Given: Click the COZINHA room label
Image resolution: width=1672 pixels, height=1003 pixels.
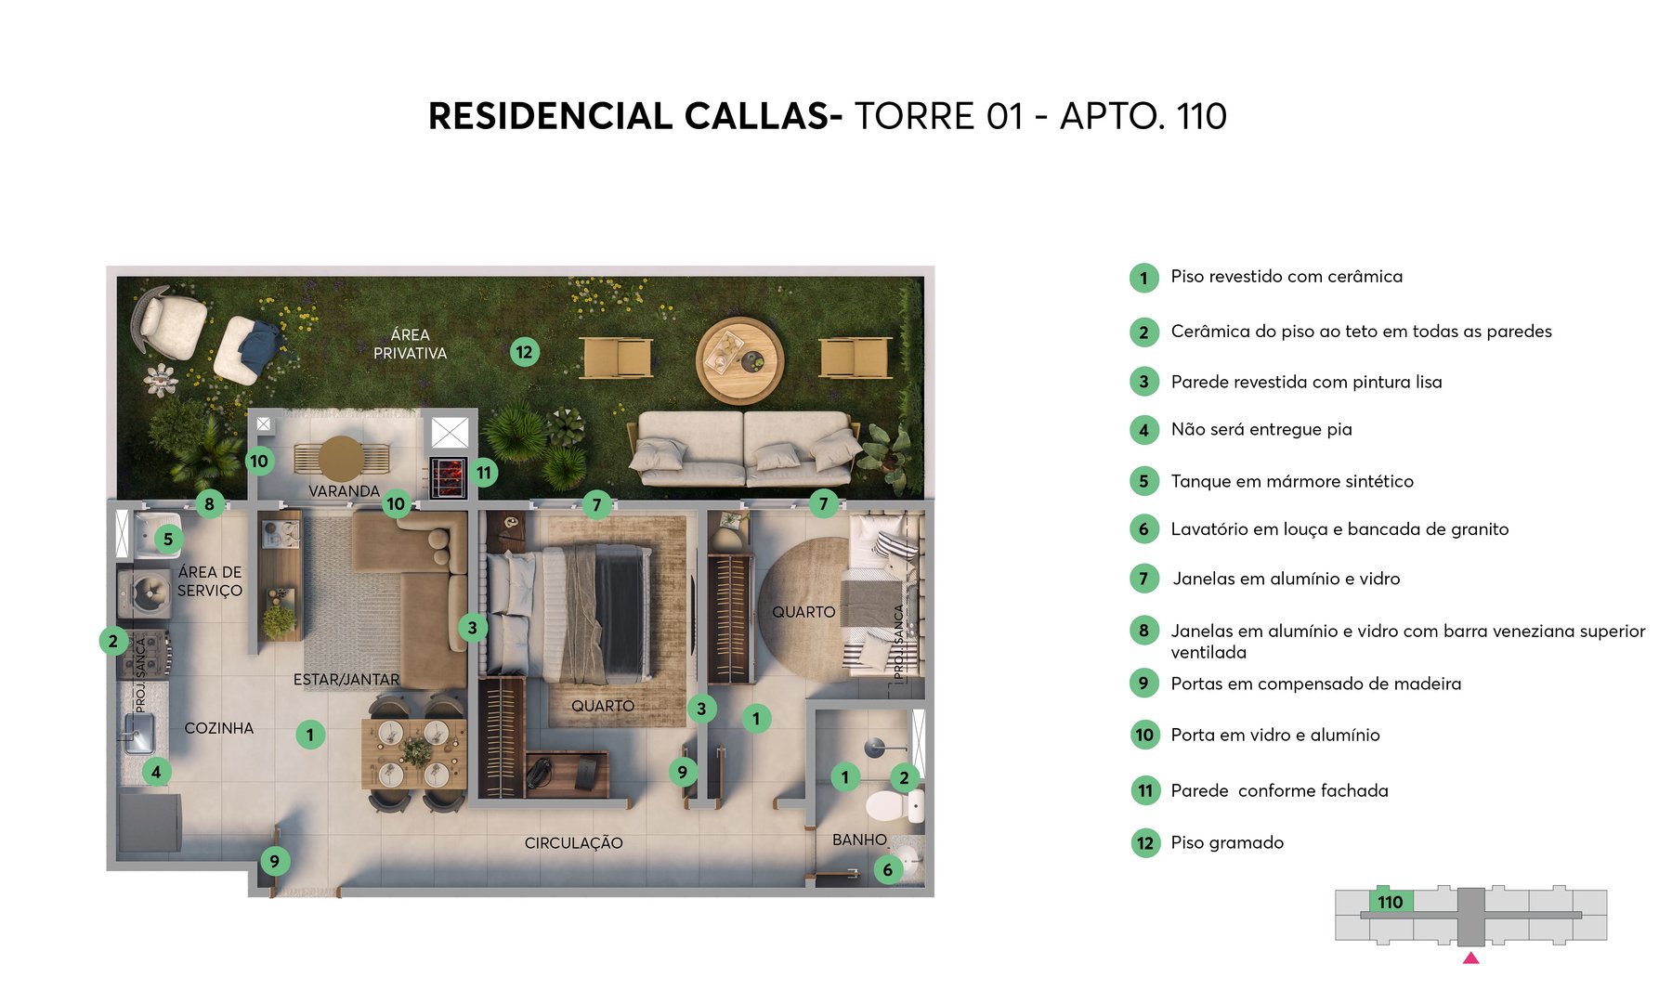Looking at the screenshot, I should (218, 728).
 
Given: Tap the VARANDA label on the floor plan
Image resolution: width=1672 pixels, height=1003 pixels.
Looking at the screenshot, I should (344, 490).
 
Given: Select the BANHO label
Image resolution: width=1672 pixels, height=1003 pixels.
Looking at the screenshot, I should (859, 840).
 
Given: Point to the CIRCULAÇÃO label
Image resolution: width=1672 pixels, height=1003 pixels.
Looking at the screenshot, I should (573, 843).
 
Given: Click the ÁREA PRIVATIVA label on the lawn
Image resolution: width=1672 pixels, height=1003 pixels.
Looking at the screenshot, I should (410, 344).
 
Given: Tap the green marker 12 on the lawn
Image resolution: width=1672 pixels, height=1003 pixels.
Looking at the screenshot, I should (525, 352).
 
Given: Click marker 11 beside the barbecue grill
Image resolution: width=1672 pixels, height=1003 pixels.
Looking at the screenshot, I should (484, 473).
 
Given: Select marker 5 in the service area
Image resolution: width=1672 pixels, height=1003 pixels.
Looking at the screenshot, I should (168, 539).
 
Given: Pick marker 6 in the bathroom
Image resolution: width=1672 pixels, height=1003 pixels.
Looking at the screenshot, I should (888, 870).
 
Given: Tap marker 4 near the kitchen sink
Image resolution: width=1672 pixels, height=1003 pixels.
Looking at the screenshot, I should (156, 772).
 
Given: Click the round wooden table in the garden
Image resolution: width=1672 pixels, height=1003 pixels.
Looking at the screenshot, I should (739, 359).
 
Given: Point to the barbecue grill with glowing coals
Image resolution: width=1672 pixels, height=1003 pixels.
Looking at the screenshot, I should (448, 477).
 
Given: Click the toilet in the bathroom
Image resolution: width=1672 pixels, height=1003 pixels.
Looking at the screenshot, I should (893, 806).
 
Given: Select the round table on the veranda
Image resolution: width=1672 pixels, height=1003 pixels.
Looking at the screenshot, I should (341, 458).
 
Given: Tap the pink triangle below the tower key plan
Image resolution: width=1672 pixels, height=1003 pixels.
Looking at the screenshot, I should (1470, 957).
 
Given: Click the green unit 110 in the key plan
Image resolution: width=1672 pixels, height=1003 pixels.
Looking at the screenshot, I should (1391, 902).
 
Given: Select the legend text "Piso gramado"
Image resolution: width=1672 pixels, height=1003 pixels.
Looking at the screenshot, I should (1227, 842).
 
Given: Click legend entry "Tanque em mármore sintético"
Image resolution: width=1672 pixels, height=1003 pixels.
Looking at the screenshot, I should (1292, 481).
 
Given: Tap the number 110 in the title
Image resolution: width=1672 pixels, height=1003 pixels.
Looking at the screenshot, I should (1201, 117).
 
